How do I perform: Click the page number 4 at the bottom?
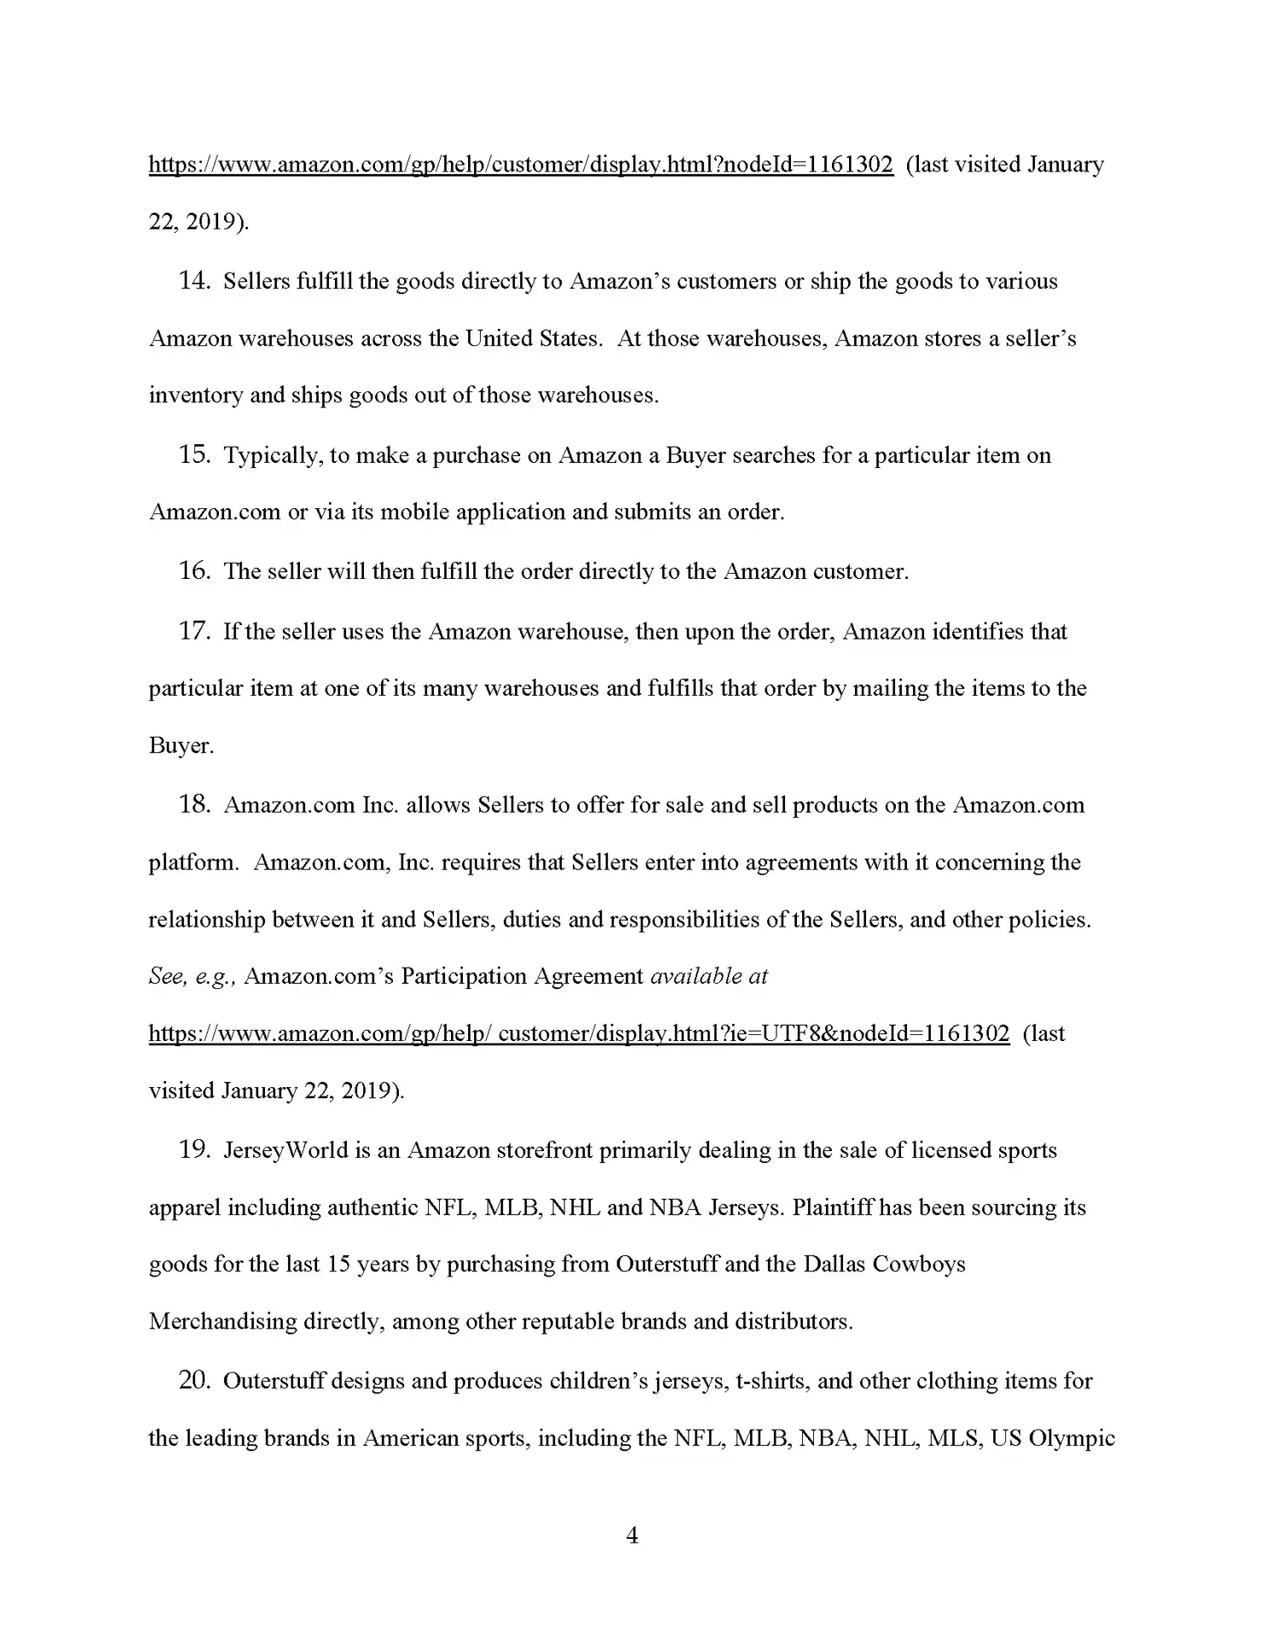(x=632, y=1536)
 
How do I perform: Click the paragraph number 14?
(x=194, y=281)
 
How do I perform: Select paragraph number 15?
(x=194, y=455)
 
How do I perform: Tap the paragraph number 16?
(x=194, y=571)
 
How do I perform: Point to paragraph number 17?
(x=194, y=632)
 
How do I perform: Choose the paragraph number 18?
(x=194, y=805)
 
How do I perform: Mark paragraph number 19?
(x=194, y=1150)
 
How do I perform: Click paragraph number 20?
(x=194, y=1381)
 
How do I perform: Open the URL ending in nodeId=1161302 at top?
(x=521, y=165)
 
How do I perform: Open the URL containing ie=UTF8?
(x=579, y=1034)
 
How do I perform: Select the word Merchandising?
(x=222, y=1322)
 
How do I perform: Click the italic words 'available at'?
(x=709, y=976)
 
